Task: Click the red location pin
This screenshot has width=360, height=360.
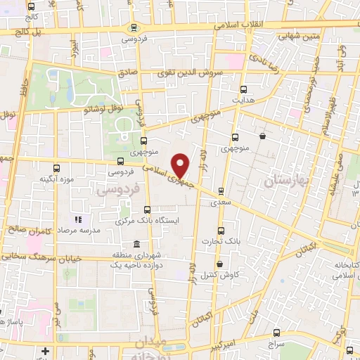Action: (x=181, y=165)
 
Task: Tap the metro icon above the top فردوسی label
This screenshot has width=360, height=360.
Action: (x=134, y=28)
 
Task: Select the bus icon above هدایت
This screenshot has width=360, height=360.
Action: (x=243, y=89)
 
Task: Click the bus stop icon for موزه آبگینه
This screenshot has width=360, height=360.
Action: (x=57, y=168)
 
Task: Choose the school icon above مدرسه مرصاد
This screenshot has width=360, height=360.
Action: (x=78, y=219)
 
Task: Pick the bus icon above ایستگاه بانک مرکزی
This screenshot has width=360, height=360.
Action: (x=147, y=209)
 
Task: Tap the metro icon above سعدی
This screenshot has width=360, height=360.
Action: (x=221, y=191)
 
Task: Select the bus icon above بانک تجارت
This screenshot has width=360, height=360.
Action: (x=221, y=230)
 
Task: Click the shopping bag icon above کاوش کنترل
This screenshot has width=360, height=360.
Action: (x=220, y=264)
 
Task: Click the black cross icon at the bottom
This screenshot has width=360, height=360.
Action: (x=46, y=350)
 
